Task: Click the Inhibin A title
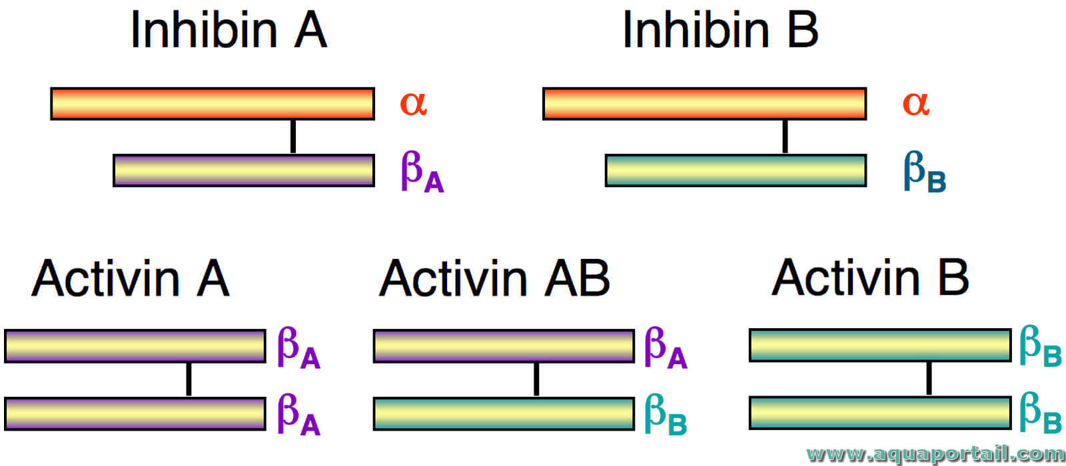[229, 29]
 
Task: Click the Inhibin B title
[720, 29]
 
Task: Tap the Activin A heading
[131, 278]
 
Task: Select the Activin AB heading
[494, 278]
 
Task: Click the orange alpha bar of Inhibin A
[213, 104]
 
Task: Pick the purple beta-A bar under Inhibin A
[244, 170]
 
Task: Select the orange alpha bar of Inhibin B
[704, 104]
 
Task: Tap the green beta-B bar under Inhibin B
[736, 170]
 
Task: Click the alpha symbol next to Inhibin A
[414, 104]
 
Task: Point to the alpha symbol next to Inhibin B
[915, 104]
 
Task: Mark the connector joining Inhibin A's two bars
[293, 137]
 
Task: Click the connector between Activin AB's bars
[536, 379]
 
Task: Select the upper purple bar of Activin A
[135, 346]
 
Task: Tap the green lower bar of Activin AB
[504, 413]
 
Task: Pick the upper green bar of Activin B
[880, 346]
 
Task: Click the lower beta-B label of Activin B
[1041, 413]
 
